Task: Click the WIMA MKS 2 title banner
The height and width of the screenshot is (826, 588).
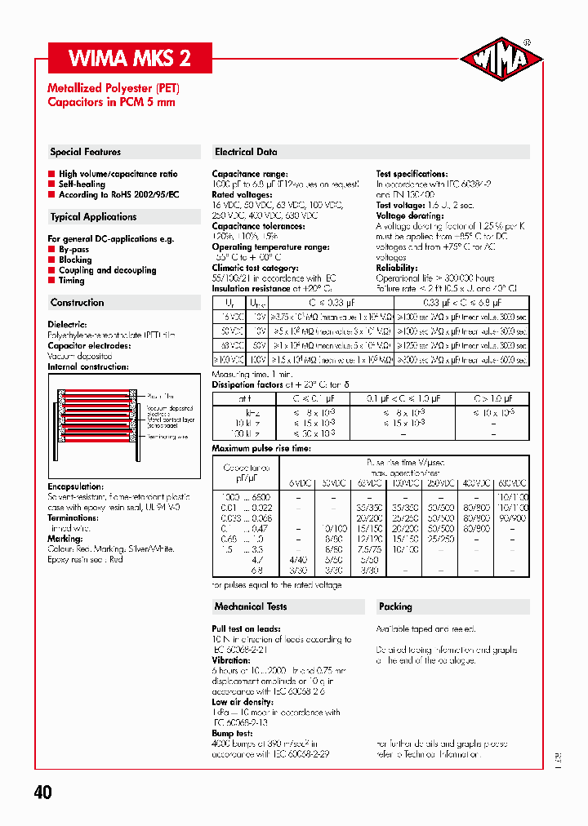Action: (x=131, y=58)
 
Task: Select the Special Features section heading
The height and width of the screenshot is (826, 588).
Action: (x=86, y=152)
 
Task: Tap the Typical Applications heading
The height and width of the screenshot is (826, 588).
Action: (x=93, y=217)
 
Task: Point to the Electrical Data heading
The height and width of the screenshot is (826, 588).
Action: (x=246, y=152)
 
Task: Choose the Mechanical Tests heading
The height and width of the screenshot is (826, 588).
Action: (x=251, y=606)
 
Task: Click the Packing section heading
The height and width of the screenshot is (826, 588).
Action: (x=395, y=606)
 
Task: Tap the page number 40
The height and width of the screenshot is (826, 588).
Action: (x=43, y=793)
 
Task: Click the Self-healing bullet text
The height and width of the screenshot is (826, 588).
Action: (x=82, y=184)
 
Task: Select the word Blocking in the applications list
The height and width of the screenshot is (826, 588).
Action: (x=75, y=260)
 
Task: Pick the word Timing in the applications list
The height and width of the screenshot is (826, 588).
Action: (x=72, y=280)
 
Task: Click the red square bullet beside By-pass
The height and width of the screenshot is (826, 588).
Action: (x=51, y=250)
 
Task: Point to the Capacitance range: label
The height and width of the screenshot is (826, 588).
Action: (x=250, y=174)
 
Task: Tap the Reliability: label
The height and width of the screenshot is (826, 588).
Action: (x=397, y=268)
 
